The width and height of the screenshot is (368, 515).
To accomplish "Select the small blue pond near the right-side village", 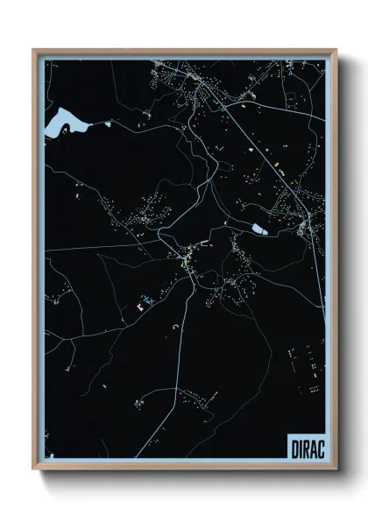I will [260, 229].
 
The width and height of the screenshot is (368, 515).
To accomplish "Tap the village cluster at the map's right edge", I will [294, 215].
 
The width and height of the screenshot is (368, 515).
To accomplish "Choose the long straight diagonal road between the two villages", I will [254, 145].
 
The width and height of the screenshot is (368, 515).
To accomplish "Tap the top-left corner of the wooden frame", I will [34, 51].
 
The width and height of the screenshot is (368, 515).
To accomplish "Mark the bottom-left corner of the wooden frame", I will [34, 470].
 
